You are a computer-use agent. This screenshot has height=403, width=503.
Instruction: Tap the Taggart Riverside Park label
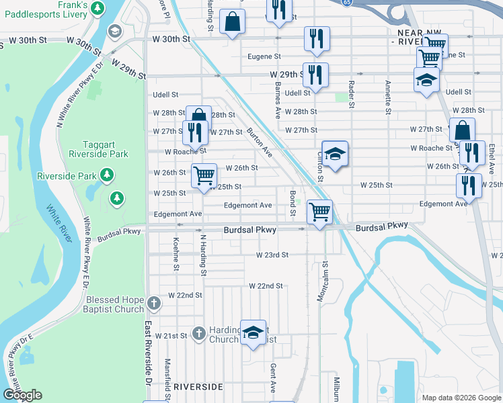105,148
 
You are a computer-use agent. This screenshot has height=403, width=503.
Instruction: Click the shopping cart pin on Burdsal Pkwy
319,212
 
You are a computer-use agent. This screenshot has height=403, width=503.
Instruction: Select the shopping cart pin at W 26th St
204,176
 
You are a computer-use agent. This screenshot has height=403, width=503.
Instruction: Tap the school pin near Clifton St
334,154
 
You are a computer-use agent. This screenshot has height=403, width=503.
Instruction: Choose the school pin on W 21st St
253,332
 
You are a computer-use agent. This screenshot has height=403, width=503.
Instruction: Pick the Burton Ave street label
260,142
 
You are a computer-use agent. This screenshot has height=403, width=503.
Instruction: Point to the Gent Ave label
273,379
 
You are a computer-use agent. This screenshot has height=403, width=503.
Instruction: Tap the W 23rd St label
272,255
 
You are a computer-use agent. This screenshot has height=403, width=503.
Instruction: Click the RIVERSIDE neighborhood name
198,388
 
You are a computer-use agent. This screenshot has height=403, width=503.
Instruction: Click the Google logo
22,395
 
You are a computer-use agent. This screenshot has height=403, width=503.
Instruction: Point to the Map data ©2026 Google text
461,398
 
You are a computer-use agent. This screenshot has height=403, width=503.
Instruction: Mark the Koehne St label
176,253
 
